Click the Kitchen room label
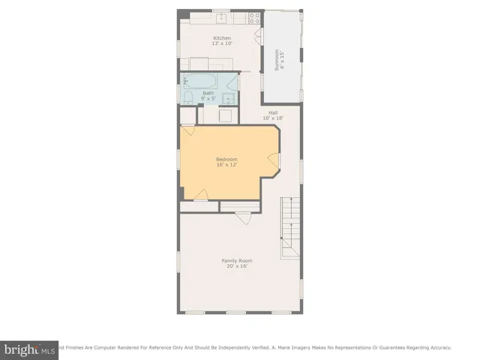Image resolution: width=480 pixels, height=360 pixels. (222, 37)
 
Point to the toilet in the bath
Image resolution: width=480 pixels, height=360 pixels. (188, 97)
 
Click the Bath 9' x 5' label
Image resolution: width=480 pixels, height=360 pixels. (208, 96)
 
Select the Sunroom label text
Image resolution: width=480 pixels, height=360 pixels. (276, 60)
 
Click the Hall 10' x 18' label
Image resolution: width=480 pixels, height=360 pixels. (273, 115)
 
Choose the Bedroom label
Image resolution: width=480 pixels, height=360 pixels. (226, 159)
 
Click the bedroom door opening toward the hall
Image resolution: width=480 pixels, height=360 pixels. (274, 160)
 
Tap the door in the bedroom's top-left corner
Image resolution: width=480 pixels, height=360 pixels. (187, 130)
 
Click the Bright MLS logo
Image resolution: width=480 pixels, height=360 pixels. (30, 349)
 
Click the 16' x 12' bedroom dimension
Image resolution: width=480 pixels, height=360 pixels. (226, 165)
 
